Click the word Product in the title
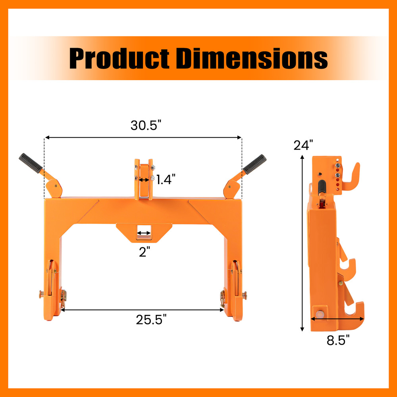tap(119, 59)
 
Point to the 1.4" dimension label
tap(164, 180)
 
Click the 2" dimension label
tap(144, 252)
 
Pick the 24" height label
tap(303, 145)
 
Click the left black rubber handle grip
tap(30, 164)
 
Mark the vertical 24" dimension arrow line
tap(303, 242)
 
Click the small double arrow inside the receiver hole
tap(143, 233)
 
